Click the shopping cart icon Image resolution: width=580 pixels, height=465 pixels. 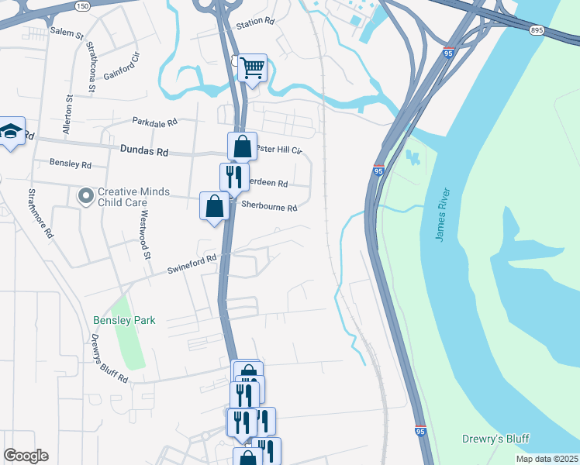point(253,68)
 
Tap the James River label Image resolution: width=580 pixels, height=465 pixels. point(442,213)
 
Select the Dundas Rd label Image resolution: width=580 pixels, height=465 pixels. point(144,152)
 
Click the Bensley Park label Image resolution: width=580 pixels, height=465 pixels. point(124,320)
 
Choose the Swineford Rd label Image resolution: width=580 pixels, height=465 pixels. point(192,264)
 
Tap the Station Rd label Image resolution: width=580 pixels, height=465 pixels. point(256,23)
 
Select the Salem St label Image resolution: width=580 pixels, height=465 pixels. point(67,34)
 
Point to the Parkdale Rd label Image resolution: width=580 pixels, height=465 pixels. point(154,122)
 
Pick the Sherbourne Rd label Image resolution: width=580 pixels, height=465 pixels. point(269,208)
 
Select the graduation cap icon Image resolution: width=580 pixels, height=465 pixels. point(11,132)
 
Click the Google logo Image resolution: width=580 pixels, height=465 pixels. point(26,456)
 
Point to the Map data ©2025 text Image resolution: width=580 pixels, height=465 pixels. point(546,459)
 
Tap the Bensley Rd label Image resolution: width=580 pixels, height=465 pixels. point(71,164)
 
